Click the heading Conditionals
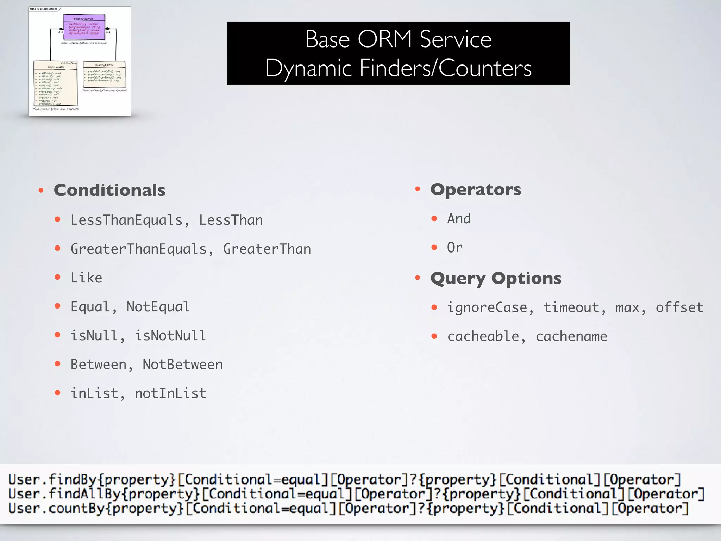coord(109,190)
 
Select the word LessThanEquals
coord(126,220)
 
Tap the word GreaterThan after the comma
coord(267,249)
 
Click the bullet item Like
coord(86,278)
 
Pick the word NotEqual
coord(158,307)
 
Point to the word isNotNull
coord(170,336)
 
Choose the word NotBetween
coord(182,365)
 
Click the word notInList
coord(170,393)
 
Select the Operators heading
coord(476,189)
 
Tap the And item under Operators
coord(459,219)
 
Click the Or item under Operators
coord(454,248)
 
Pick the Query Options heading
coord(496,278)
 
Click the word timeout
coord(571,307)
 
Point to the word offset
coord(679,307)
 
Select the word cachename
coord(571,336)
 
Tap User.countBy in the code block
coord(56,508)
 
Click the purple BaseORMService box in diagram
coord(84,27)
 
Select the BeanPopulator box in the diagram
coord(104,74)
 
